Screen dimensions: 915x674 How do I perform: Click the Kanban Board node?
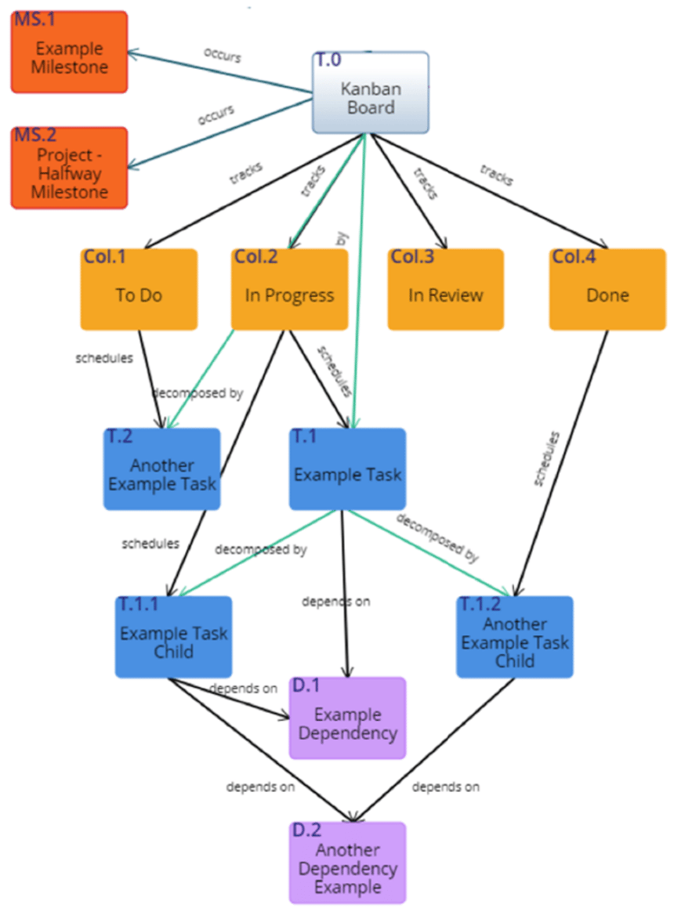click(x=371, y=93)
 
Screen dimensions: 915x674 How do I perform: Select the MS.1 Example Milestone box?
click(x=69, y=52)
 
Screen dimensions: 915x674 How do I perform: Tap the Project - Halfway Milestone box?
click(x=69, y=168)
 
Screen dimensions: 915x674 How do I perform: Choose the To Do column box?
click(x=138, y=290)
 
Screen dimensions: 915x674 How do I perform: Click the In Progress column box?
click(x=289, y=290)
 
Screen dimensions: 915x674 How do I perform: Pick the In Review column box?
click(x=445, y=290)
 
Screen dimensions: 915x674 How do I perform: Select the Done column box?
click(x=607, y=290)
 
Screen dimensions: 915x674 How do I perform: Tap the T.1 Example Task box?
click(x=347, y=469)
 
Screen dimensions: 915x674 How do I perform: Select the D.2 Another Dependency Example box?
click(x=347, y=863)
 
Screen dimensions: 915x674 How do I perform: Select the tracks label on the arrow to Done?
click(x=496, y=175)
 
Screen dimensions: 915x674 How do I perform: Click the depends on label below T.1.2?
click(x=445, y=787)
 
